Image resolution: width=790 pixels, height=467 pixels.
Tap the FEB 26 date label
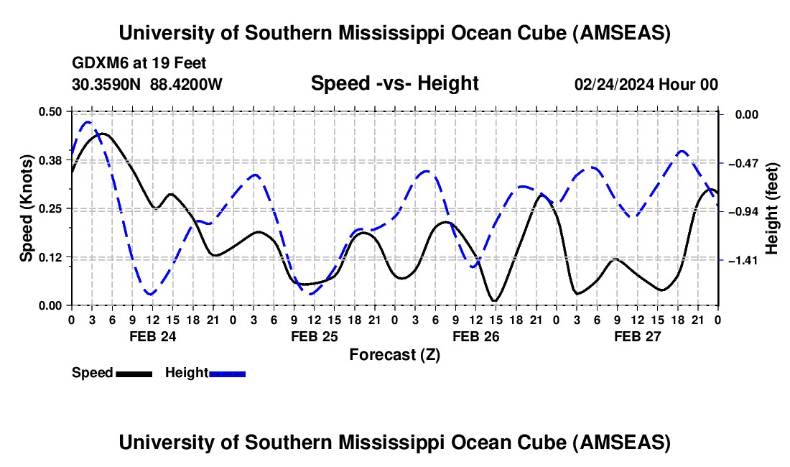(x=475, y=336)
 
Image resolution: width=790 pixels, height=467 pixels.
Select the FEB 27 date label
(x=637, y=336)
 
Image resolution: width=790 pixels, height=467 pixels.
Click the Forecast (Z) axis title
(x=394, y=354)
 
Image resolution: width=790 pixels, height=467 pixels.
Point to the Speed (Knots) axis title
(x=27, y=208)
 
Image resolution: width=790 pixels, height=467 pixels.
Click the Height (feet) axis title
(x=772, y=208)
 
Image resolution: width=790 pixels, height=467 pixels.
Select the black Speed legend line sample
(x=133, y=374)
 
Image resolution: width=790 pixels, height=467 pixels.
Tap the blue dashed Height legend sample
(x=227, y=374)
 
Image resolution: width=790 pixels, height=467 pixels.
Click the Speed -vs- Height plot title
(x=394, y=84)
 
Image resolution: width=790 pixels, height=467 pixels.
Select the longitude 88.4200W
(x=186, y=85)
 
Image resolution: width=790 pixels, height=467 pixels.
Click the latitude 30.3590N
(x=106, y=85)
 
